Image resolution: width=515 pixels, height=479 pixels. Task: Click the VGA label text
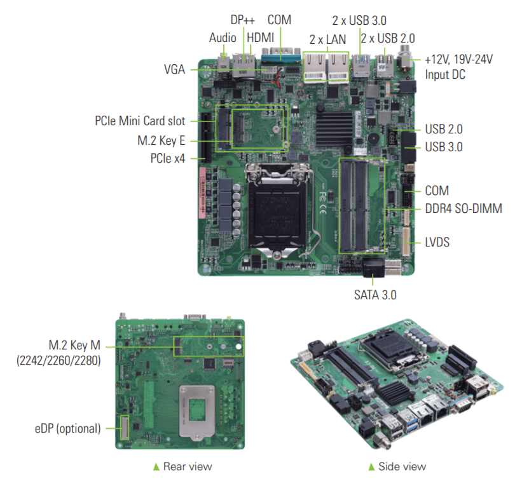(x=174, y=69)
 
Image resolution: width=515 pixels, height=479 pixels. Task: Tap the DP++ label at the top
(x=242, y=20)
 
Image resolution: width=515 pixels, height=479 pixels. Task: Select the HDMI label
(x=260, y=37)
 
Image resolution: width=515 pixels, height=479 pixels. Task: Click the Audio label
(x=223, y=37)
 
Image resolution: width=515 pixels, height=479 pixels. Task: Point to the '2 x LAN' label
(x=327, y=39)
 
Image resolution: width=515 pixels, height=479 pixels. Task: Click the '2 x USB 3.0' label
(x=359, y=21)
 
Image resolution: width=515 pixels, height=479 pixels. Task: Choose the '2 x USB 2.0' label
(x=388, y=38)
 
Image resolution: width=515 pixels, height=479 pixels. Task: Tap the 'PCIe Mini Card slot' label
(x=140, y=121)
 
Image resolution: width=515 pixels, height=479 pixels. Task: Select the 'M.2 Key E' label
(x=161, y=141)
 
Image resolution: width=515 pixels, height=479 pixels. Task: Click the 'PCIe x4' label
(x=167, y=158)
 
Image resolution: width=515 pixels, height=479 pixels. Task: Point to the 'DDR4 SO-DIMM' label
(x=464, y=208)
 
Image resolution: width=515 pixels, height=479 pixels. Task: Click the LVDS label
(x=437, y=243)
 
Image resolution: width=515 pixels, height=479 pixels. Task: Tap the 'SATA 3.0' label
(x=375, y=295)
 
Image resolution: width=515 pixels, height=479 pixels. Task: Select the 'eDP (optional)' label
(x=67, y=429)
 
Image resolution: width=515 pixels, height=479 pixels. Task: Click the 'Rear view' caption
(x=188, y=466)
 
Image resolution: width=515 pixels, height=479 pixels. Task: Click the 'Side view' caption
(x=402, y=466)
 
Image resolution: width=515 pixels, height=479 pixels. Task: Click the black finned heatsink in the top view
(x=334, y=129)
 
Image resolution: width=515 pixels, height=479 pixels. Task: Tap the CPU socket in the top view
(x=278, y=210)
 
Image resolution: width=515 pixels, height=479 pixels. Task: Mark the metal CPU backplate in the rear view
(x=196, y=412)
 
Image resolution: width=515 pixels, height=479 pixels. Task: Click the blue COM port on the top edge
(x=281, y=57)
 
